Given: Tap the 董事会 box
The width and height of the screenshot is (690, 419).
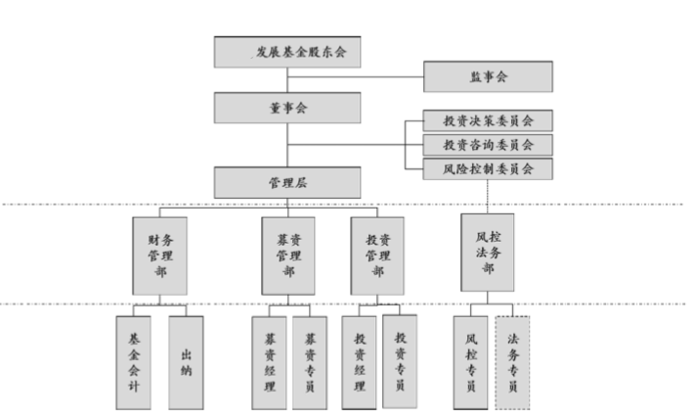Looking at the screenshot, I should (287, 106).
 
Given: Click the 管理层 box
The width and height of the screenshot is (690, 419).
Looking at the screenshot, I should (287, 181).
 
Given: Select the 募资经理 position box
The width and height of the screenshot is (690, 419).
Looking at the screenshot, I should (270, 361).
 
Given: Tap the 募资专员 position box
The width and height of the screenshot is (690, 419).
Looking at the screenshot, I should (310, 361).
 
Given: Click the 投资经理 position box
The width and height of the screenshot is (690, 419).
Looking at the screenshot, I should (359, 360).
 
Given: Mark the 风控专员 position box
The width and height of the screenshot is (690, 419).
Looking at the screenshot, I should (470, 360).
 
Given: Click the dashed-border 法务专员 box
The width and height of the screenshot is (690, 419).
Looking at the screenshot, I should (513, 360).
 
